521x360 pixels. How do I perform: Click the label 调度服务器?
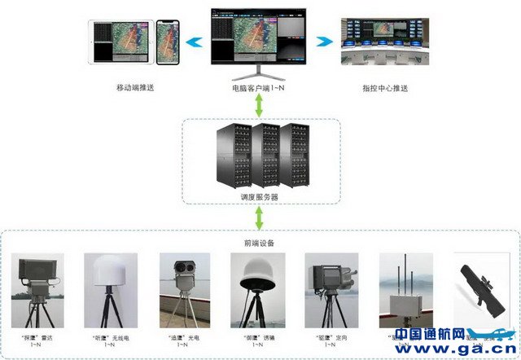pos(259,196)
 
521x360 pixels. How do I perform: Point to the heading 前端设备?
pos(260,242)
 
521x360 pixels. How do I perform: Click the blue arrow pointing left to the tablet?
pos(194,42)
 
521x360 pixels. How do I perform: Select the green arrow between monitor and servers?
pos(259,104)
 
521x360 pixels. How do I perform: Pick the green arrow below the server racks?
pos(259,217)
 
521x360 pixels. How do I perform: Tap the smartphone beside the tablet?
pos(168,41)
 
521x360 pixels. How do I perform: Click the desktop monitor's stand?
pos(259,71)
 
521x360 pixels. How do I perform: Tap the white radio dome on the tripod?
pos(107,276)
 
